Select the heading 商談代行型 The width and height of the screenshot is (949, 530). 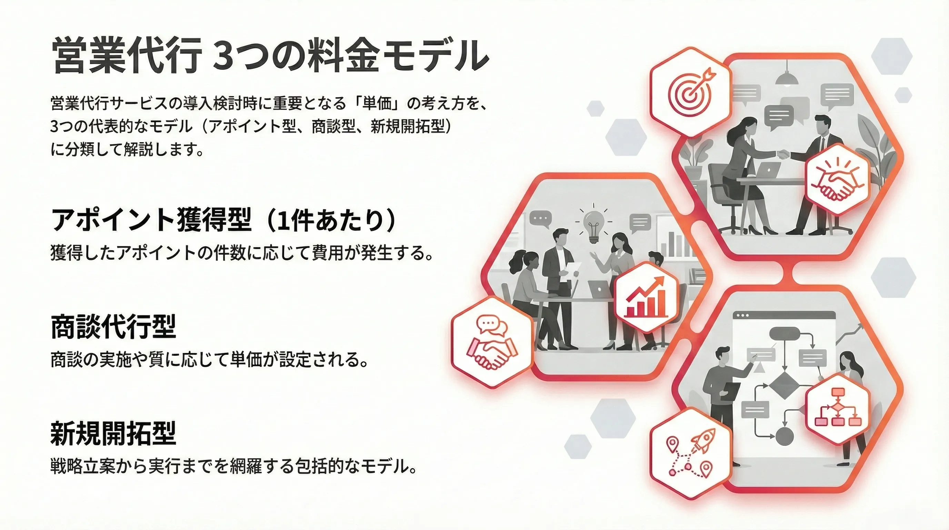click(x=113, y=326)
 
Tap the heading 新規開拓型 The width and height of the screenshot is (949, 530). click(x=113, y=433)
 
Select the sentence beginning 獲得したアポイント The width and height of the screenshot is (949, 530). click(x=242, y=253)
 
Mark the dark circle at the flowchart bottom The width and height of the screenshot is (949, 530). click(x=785, y=436)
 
